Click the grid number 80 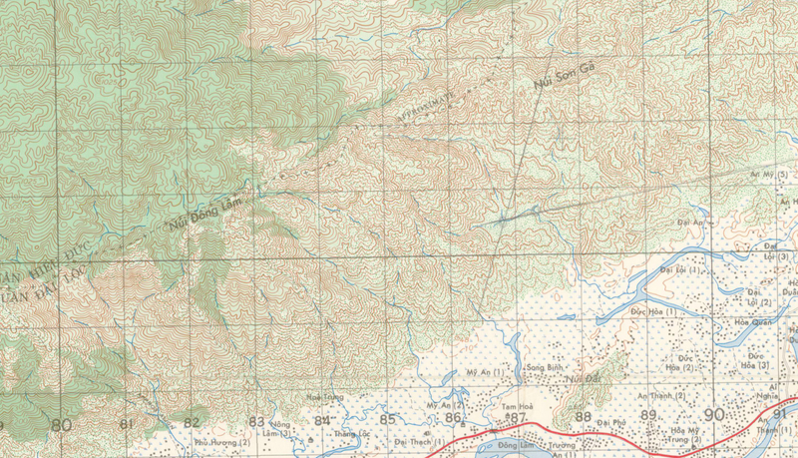click(61, 424)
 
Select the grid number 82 click(192, 422)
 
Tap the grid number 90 click(713, 414)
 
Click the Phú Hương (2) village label click(221, 441)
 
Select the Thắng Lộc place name click(352, 435)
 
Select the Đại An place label click(690, 222)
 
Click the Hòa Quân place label click(754, 322)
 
